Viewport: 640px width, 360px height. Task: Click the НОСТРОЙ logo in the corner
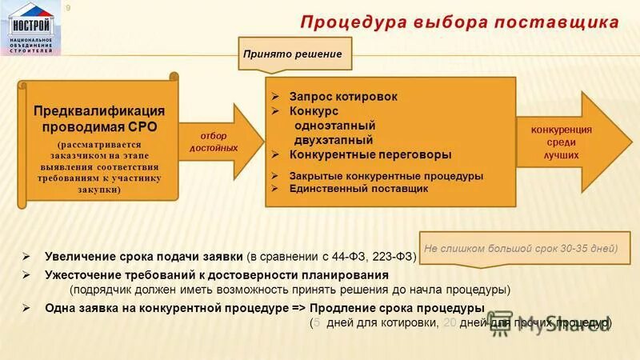(x=31, y=27)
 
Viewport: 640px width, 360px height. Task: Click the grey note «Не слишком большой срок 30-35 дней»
(x=521, y=248)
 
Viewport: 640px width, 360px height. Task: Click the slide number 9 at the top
(x=68, y=8)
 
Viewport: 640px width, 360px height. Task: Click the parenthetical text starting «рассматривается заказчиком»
(x=99, y=168)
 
